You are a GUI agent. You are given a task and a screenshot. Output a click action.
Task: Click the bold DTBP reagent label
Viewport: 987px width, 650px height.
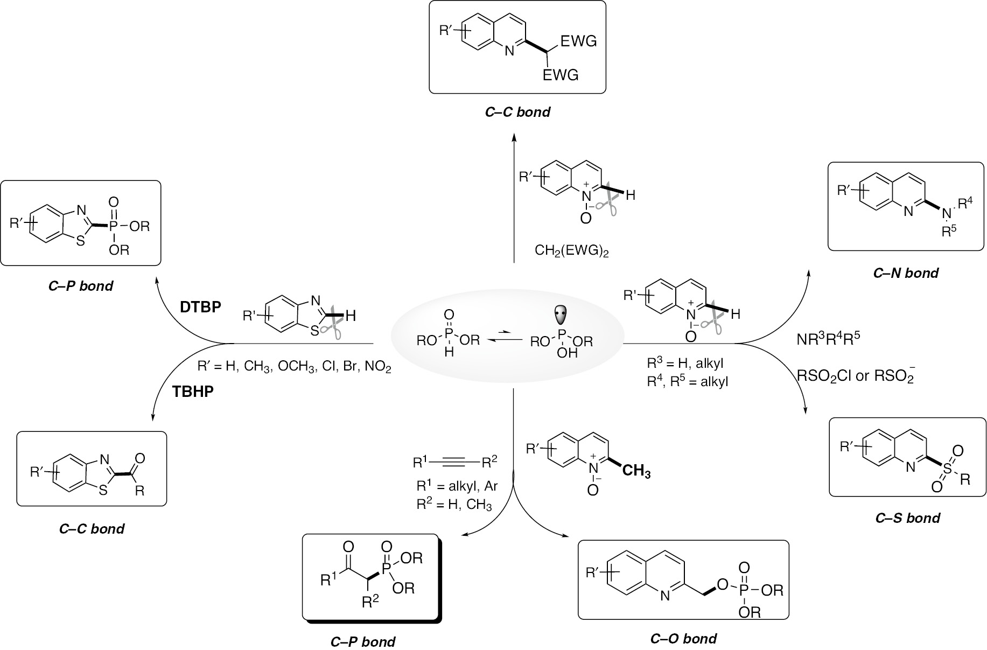coord(200,306)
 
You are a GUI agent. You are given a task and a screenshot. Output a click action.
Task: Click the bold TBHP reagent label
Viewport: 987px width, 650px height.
coord(193,391)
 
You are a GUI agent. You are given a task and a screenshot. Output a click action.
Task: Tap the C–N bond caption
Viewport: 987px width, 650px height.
coord(906,273)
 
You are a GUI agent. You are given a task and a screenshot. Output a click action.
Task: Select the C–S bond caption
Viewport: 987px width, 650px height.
coord(907,518)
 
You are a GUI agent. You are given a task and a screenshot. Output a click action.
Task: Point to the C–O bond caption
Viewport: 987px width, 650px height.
coord(683,639)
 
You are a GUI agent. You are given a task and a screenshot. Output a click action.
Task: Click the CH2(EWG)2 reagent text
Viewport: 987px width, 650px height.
coord(571,250)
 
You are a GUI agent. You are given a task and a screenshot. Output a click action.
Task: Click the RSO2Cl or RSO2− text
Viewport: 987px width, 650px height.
coord(856,376)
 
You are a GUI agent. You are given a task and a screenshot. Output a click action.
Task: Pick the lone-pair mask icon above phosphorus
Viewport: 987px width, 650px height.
coord(561,314)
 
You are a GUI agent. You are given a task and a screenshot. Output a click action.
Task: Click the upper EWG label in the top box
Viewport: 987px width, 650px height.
coord(578,41)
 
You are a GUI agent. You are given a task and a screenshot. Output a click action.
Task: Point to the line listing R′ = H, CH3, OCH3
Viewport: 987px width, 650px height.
coord(294,367)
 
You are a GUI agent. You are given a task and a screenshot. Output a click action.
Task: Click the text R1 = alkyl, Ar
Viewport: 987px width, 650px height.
coord(457,486)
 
